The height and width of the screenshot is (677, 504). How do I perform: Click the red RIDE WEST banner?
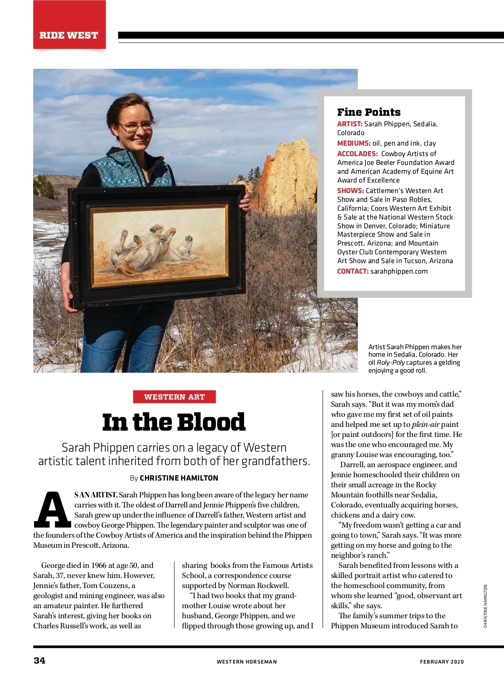point(69,35)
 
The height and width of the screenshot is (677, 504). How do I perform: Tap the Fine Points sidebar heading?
point(369,112)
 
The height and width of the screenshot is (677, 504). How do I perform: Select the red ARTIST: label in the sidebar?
point(349,124)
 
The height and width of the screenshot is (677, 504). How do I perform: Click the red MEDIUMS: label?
point(354,143)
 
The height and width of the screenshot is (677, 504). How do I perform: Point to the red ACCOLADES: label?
point(357,154)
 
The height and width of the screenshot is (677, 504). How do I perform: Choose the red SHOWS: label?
point(350,191)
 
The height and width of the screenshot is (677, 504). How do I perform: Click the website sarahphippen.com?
point(399,271)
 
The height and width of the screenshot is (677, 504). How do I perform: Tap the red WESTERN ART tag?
point(174,397)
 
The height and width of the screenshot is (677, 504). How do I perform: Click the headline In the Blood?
point(174,422)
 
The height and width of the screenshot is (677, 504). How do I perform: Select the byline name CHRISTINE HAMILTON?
point(179,478)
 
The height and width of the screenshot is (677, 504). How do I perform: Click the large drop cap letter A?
point(52,510)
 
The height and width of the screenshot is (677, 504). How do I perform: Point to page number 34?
point(39,660)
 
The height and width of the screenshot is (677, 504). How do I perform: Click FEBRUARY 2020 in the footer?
point(442,662)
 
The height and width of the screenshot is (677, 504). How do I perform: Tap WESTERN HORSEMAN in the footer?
point(247,662)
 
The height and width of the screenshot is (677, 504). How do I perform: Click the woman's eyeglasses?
point(135,126)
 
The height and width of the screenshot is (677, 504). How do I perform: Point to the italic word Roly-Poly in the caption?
point(391,363)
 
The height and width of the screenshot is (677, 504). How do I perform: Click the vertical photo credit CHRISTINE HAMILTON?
point(486,606)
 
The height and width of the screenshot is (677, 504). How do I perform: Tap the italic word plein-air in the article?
point(425,424)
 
